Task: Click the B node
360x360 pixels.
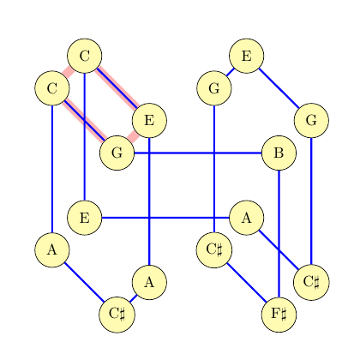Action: pos(279,153)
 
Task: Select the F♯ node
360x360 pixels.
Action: pos(279,315)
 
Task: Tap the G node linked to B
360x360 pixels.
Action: pos(117,153)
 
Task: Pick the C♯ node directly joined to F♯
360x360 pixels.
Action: pos(214,250)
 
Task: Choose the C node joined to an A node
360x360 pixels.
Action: pos(52,88)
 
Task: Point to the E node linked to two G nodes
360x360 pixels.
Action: pos(247,56)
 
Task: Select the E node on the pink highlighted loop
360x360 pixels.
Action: pos(149,121)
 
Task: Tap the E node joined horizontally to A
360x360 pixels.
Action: pos(85,218)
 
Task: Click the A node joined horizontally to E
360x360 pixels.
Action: pos(247,218)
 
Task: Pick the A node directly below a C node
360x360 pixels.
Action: pos(52,250)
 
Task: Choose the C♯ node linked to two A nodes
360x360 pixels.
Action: pos(117,315)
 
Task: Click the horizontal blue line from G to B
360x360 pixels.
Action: pos(198,153)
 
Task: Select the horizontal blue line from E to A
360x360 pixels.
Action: pos(165,218)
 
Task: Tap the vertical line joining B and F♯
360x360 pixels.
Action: pos(279,234)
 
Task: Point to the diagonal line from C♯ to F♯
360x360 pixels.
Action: pos(247,283)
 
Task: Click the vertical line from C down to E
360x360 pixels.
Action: pos(85,137)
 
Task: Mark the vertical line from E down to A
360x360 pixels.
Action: pos(149,201)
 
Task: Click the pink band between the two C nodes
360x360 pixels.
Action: pos(69,72)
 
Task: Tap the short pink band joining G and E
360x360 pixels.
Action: pos(133,137)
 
